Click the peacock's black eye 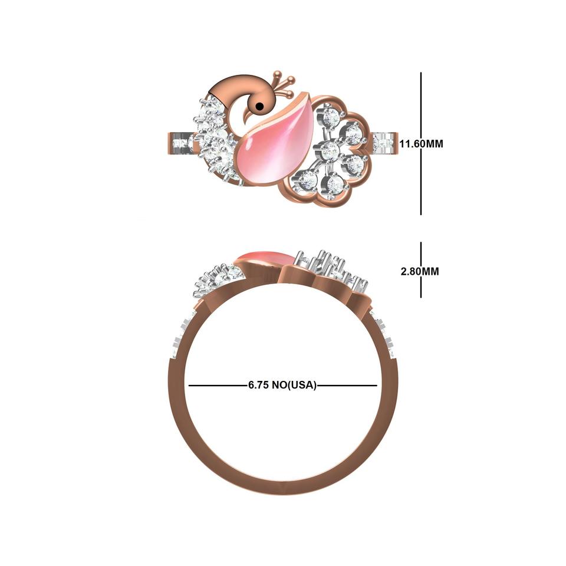pos(259,107)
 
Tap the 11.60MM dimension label pos(421,144)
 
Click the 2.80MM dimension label pos(419,271)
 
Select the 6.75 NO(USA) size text pos(282,385)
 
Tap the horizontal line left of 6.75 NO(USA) pos(218,386)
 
